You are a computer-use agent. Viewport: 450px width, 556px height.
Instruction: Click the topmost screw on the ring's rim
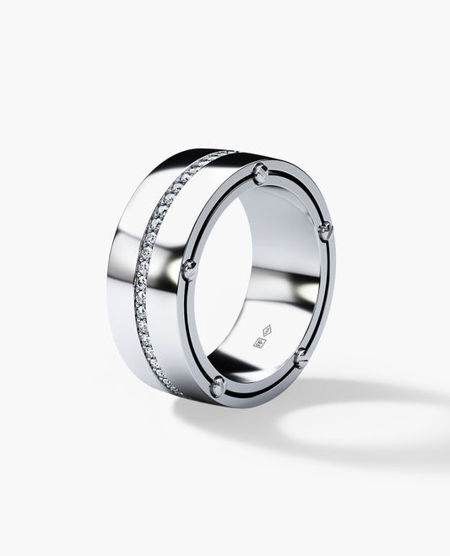[261, 172]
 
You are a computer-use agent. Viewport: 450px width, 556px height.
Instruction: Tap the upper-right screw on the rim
[325, 229]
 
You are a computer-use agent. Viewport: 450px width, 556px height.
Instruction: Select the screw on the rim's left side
[190, 269]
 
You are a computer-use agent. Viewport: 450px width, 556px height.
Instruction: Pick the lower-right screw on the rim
[301, 358]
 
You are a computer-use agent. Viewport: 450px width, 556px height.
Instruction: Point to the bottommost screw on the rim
[217, 386]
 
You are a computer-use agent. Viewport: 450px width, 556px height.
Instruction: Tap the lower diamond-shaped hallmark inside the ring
[259, 343]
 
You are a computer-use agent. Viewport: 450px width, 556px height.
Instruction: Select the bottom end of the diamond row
[176, 392]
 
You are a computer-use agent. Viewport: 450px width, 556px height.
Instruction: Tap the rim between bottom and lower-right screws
[262, 386]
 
